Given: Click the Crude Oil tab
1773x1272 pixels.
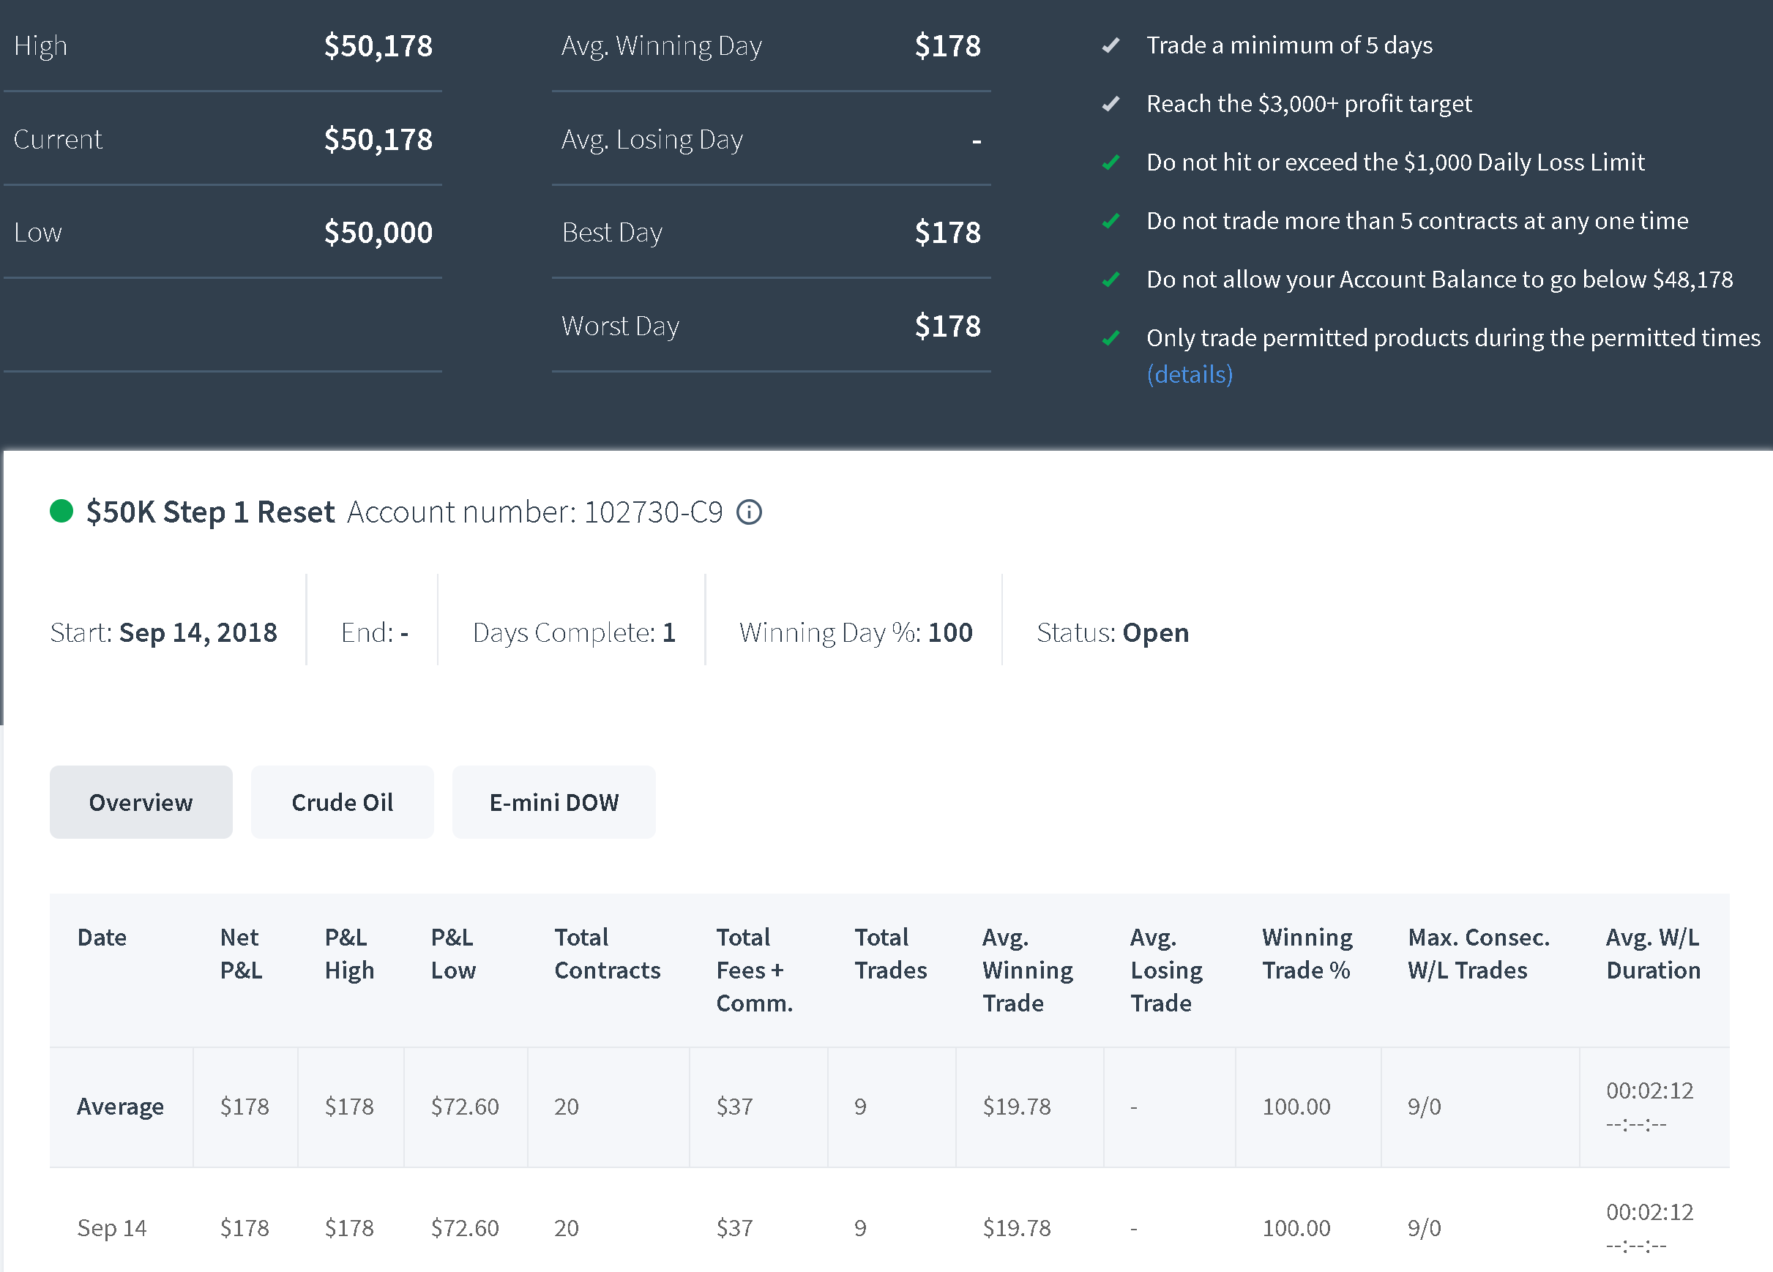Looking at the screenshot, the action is point(343,802).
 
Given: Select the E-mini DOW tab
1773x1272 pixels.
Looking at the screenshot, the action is point(553,802).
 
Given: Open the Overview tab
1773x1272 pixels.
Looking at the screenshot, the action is point(141,802).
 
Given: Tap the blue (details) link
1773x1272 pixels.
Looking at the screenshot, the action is point(1189,375).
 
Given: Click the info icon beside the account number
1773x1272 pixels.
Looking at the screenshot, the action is point(749,512).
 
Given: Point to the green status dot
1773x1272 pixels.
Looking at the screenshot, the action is point(61,512).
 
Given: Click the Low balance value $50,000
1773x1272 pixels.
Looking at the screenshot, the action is point(378,232).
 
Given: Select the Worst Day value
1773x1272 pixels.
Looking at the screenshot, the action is point(947,326).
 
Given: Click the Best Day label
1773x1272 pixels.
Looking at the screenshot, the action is point(612,233).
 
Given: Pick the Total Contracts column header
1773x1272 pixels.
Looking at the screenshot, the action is point(608,954).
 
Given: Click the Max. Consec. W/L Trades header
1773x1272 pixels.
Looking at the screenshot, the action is point(1478,954).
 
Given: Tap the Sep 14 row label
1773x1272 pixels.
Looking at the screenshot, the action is point(112,1228).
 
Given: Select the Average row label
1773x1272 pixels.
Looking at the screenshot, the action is point(120,1107).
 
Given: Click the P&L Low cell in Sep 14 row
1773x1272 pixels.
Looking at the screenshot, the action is point(464,1228).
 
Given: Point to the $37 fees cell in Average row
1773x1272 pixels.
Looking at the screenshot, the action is point(734,1107).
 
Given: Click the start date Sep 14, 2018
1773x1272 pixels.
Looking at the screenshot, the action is point(198,632).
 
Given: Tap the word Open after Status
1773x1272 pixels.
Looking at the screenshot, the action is point(1155,633).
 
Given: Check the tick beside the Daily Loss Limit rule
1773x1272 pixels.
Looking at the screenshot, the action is point(1111,162).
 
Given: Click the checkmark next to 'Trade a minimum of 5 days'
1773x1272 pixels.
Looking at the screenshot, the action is point(1111,45).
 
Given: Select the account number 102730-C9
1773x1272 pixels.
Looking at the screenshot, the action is point(654,512).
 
